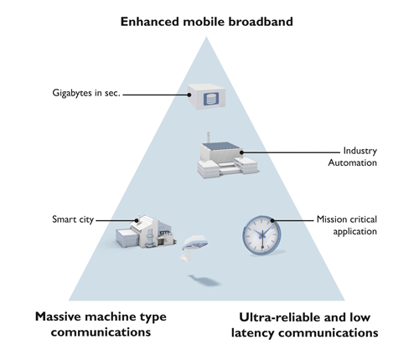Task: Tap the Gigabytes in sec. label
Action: click(x=85, y=92)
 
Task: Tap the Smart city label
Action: click(x=71, y=220)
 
